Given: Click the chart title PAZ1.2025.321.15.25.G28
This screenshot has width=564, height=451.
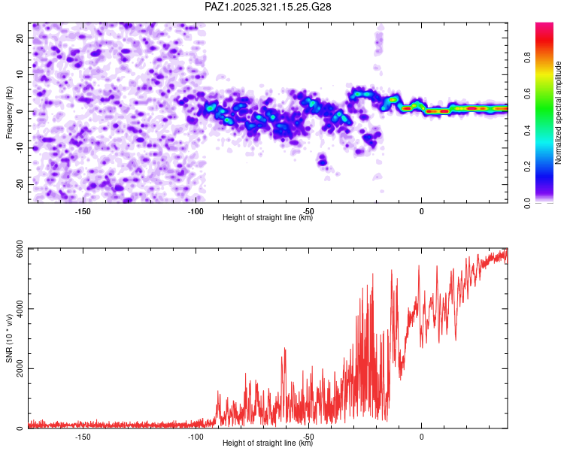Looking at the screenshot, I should coord(268,7).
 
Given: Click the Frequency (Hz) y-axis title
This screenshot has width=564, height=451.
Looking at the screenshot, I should coord(9,113).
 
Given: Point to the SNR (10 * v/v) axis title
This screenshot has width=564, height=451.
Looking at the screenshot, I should coord(9,338).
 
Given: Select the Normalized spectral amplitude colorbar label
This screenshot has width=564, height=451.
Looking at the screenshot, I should coord(559,113).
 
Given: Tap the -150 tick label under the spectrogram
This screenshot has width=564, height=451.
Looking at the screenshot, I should coord(83,210).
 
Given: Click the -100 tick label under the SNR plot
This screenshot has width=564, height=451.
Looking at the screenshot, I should coord(196,436).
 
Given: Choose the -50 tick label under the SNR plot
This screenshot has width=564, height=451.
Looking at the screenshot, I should coord(308,436).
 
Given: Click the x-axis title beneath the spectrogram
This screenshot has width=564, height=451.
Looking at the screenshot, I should coord(268,218).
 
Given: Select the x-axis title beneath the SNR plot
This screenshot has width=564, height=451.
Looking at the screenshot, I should coord(268,443).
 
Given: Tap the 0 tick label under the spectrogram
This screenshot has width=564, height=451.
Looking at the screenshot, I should coord(421,210).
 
